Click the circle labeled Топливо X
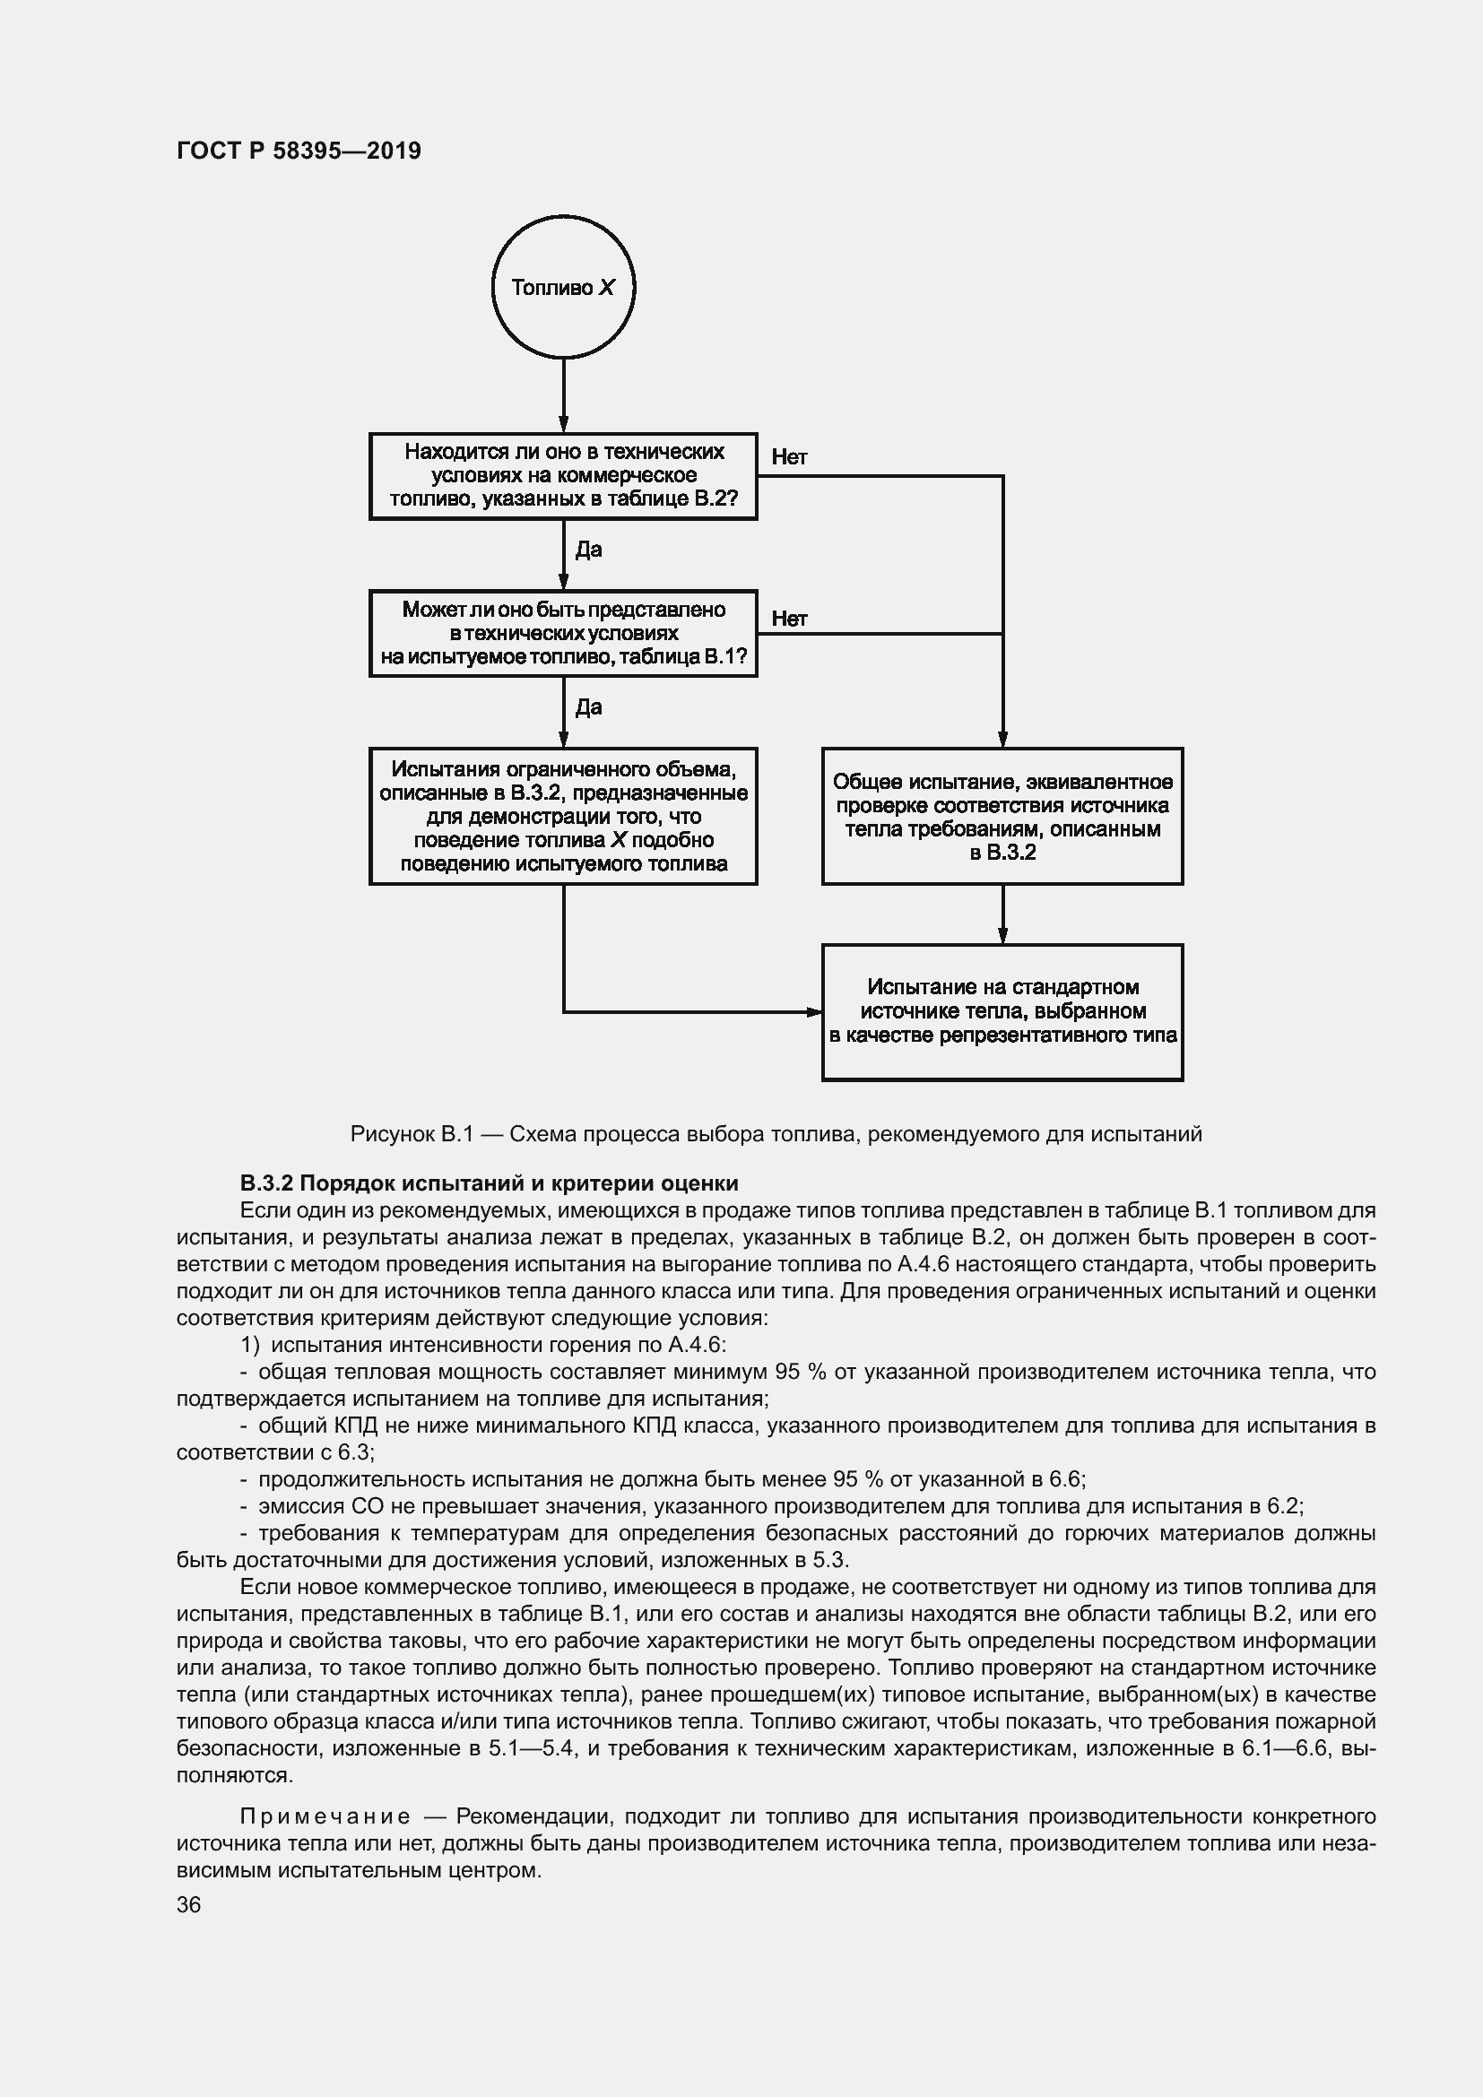563,288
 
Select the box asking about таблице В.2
563,476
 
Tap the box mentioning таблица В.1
563,633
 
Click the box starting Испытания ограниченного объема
563,816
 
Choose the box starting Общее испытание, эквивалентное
1002,816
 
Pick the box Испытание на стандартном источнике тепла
1002,1011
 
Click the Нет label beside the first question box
789,456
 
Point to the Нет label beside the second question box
789,619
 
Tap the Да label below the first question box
588,549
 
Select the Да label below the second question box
588,706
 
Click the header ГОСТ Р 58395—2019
299,151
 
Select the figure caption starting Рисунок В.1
776,1134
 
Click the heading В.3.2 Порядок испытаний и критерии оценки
489,1183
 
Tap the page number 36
188,1904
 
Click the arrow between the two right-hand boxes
1002,914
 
